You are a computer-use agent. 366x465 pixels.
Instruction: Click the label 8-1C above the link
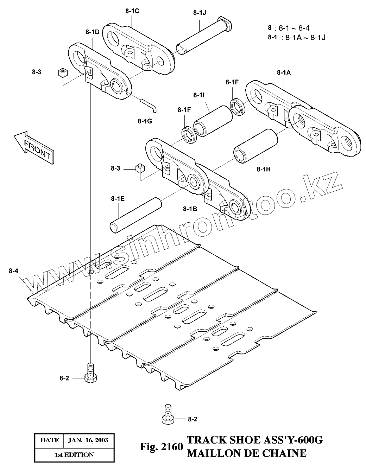132,11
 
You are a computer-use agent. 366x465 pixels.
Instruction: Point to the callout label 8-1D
92,32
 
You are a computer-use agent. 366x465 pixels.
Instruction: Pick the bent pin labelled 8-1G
150,104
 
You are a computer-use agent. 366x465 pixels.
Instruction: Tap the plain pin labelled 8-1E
136,215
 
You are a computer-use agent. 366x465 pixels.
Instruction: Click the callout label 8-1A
284,73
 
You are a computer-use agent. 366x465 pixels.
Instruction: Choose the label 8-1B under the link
190,209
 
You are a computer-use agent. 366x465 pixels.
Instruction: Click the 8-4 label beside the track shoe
14,271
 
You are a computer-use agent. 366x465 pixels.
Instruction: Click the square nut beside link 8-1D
63,73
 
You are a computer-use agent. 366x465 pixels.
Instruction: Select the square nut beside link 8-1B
140,168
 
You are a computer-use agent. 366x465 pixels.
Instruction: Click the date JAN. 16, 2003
88,440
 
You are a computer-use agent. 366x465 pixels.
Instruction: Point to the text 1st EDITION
74,454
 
